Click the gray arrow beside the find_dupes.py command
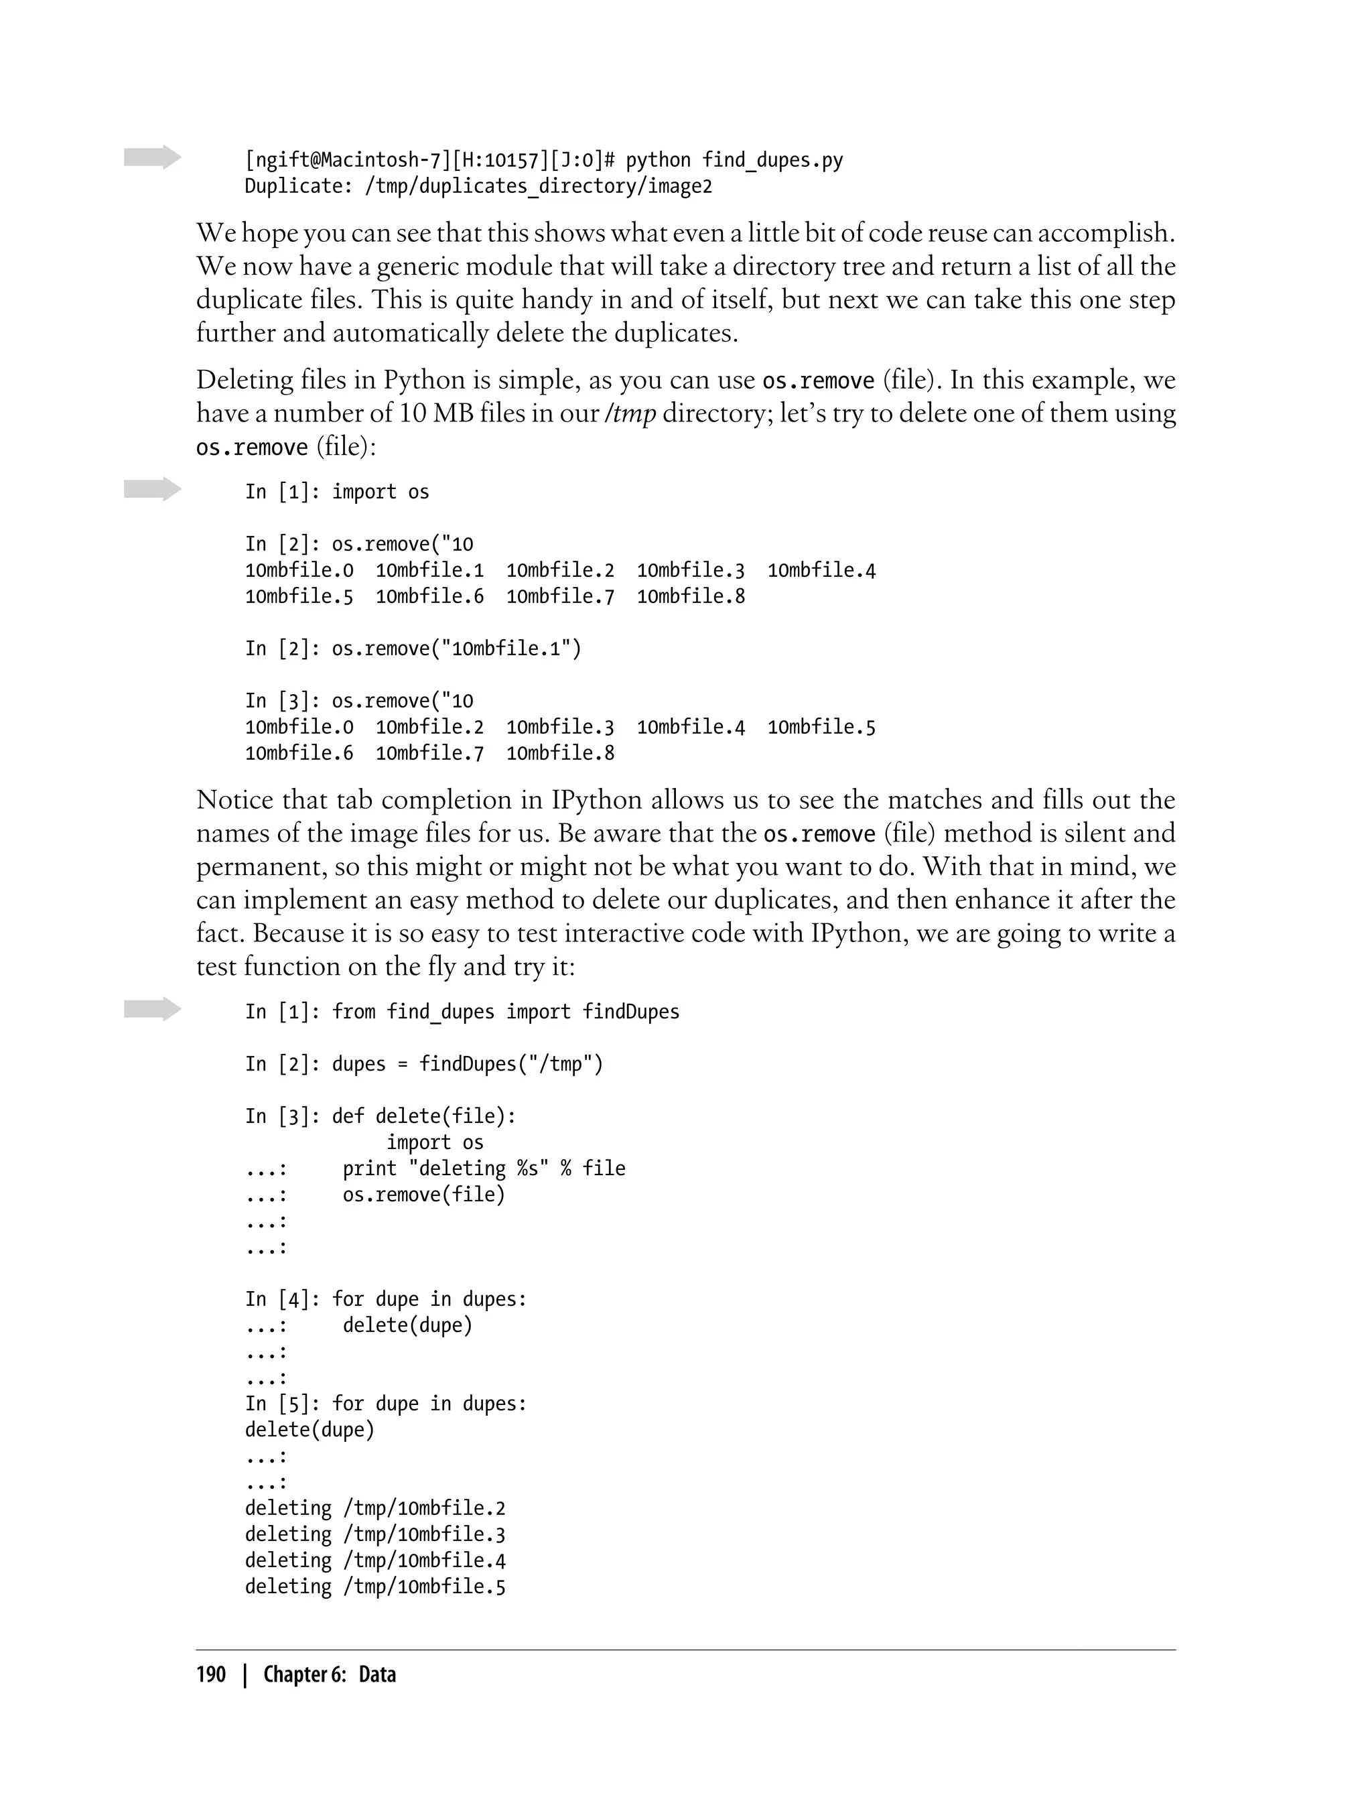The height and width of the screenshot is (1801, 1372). coord(153,157)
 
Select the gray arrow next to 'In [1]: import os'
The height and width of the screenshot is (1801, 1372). coord(153,489)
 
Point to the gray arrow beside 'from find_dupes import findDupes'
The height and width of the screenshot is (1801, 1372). coord(153,1009)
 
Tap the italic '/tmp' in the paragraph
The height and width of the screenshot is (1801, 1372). coord(630,413)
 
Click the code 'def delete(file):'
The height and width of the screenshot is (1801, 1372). coord(424,1116)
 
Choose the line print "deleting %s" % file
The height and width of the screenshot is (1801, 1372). coord(484,1168)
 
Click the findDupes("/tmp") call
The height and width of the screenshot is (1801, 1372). coord(510,1063)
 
